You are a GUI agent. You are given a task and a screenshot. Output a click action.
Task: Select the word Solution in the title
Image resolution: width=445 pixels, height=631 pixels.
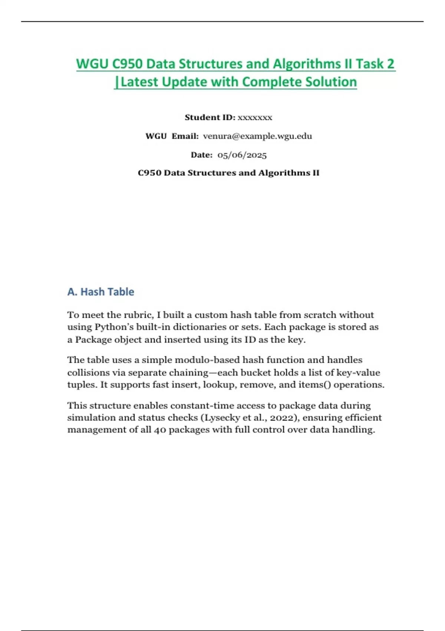coord(331,82)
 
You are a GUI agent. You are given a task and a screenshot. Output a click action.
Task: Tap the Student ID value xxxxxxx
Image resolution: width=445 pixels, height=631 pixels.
coord(255,118)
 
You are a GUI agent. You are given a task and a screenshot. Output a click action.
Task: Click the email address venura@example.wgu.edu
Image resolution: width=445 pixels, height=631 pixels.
coord(257,136)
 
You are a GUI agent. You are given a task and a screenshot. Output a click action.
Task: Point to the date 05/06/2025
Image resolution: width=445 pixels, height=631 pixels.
coord(242,155)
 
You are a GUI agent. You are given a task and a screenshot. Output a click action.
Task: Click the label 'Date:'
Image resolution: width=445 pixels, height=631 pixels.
coord(202,155)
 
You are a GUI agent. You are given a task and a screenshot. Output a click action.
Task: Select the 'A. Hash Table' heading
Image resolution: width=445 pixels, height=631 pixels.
coord(100,292)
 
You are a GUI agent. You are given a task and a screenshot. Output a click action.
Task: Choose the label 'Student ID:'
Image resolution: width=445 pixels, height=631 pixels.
coord(210,118)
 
